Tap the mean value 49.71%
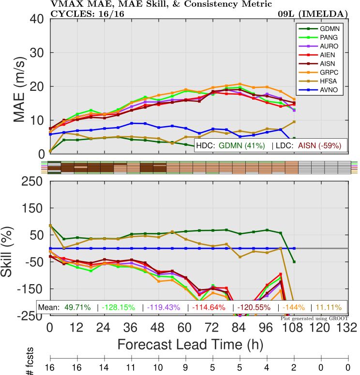(77, 307)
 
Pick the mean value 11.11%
(329, 307)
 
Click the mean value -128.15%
(119, 307)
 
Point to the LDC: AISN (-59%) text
(309, 144)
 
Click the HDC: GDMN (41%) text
(231, 144)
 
